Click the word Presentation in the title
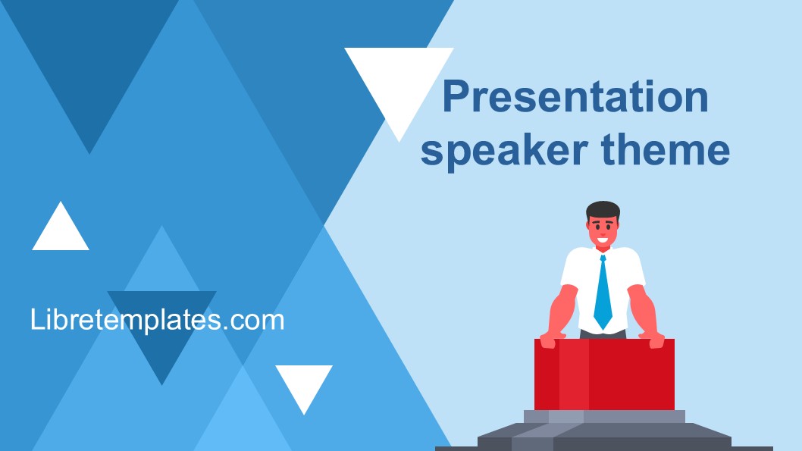(575, 96)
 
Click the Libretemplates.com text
(157, 320)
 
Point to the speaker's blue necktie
(603, 293)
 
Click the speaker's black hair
(603, 211)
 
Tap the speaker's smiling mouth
(603, 240)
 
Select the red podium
(605, 374)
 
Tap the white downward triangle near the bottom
(304, 384)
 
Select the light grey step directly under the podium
(605, 417)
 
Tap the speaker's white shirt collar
(603, 251)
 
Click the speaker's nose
(603, 232)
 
